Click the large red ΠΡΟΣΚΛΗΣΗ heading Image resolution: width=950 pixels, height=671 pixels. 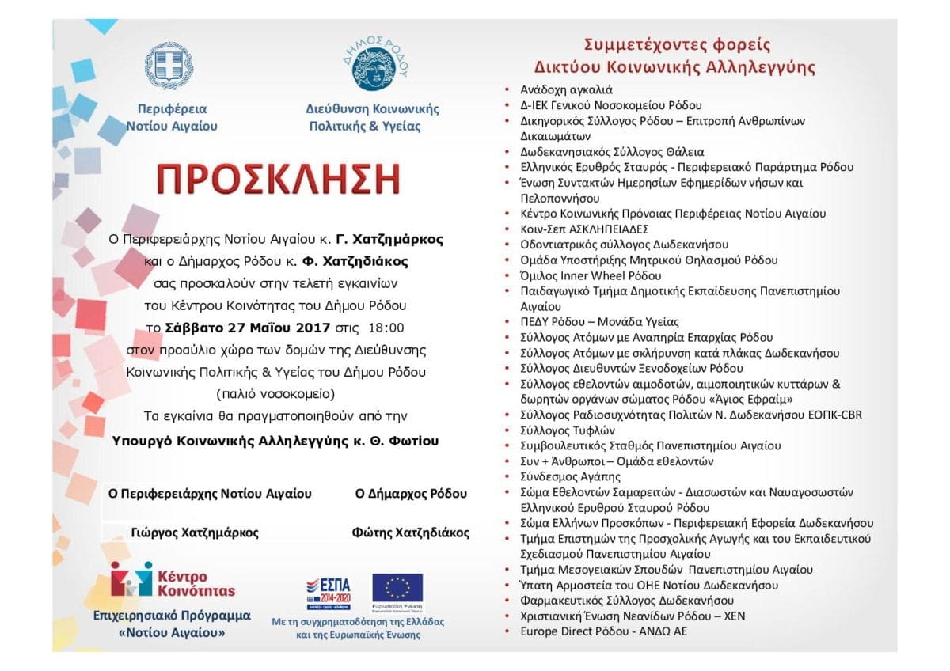(x=277, y=180)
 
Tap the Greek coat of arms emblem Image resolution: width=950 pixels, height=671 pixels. (x=169, y=67)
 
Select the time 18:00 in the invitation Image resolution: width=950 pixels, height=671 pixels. (x=386, y=328)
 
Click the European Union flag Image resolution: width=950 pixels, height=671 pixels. (x=397, y=588)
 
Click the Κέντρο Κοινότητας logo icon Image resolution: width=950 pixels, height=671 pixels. (x=131, y=579)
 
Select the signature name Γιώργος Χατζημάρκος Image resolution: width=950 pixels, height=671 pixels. (x=194, y=533)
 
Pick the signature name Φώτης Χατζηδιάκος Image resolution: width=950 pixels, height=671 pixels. (x=410, y=533)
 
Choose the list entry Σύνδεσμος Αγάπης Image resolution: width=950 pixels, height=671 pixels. (x=560, y=476)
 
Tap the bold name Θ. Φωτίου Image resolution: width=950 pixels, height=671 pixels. (x=403, y=441)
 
